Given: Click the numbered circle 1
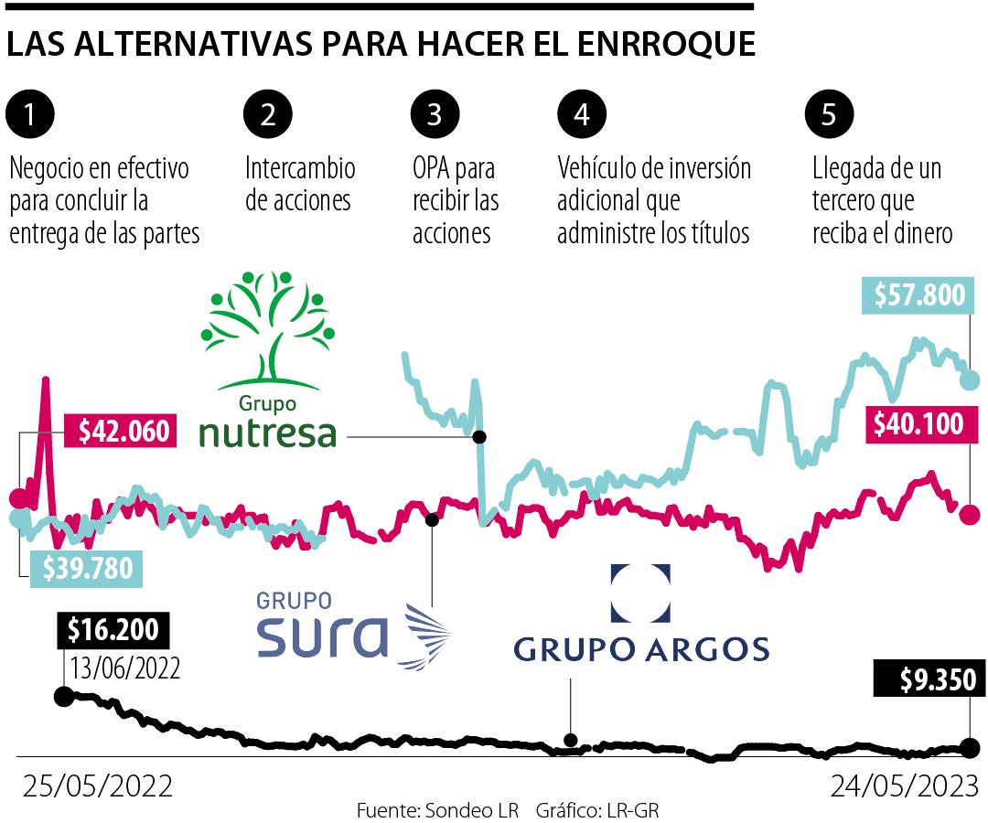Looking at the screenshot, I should coord(30,115).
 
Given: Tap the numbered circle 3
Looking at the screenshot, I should coord(435,115).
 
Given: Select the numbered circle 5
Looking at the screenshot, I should coord(829,115).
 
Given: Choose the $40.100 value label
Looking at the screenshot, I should coord(918,425).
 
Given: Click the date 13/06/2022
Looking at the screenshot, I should coord(122,667).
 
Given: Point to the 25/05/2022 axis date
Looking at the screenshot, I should coord(97,786).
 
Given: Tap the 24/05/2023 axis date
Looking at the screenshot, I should coord(904,786).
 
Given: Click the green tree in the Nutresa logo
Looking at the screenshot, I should coord(267,329).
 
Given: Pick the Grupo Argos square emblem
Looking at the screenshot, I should coord(640,593).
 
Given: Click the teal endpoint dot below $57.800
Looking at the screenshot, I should coord(970,379).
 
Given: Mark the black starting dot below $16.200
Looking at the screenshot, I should coord(63,697).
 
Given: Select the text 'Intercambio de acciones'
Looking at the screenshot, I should coord(299,184).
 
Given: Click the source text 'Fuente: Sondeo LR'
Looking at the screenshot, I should coord(437,810).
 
